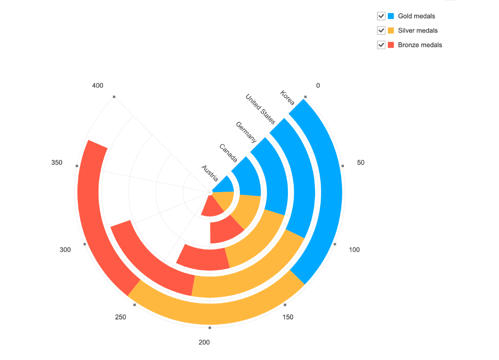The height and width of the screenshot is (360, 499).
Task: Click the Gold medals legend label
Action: pos(416,16)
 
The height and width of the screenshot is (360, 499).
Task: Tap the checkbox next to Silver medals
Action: pos(381,30)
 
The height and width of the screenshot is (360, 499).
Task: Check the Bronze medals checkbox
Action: pos(381,45)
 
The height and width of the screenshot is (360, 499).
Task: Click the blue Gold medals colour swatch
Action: pos(391,16)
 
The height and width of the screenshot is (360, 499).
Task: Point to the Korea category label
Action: pos(288,98)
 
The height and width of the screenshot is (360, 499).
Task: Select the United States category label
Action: pos(260,109)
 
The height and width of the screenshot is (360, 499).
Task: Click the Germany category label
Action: pos(246,132)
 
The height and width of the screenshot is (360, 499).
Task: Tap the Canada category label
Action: pos(229,153)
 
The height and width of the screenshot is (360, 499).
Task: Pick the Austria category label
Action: pos(210,173)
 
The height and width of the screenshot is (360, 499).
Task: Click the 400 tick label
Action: pos(97,86)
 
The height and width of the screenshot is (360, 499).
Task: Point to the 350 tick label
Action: pos(57,162)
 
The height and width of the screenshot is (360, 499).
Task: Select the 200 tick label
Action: pos(204,342)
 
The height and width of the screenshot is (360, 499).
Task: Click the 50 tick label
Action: pos(361,162)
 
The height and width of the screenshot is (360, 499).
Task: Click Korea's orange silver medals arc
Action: pos(217,313)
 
